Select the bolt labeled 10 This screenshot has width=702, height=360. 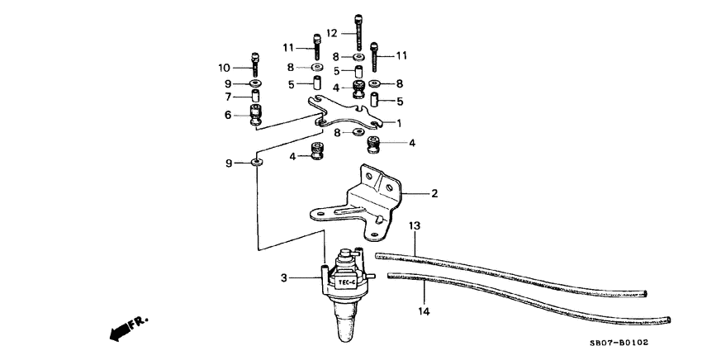pyautogui.click(x=254, y=63)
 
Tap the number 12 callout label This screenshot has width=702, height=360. pyautogui.click(x=331, y=34)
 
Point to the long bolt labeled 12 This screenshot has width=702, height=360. pyautogui.click(x=358, y=31)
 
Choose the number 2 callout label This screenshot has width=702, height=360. pyautogui.click(x=434, y=195)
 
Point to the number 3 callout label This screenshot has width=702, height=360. pyautogui.click(x=284, y=279)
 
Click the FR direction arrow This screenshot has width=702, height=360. pyautogui.click(x=125, y=328)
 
